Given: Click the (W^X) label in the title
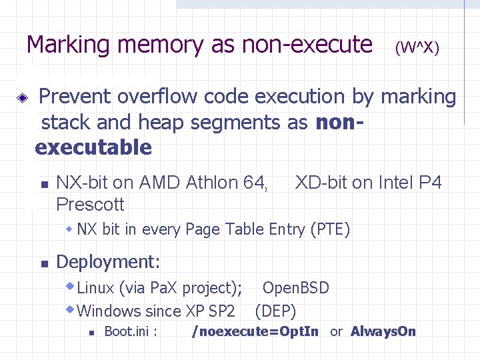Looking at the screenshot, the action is point(417,48).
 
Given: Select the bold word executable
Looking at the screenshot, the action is point(93,147).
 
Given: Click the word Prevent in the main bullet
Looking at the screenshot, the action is point(75,97).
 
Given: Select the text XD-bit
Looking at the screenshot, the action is point(325,182).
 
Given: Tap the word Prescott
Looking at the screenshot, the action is point(91,203).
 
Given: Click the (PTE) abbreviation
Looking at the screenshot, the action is point(330,230).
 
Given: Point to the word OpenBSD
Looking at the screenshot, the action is point(295,288).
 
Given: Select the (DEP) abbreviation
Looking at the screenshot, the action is point(275,311).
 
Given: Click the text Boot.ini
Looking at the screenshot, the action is point(131,331).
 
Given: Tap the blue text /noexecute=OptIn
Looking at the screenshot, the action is point(255,331).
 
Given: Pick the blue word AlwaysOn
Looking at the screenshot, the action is point(383,331).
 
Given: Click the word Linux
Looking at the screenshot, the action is point(96,288).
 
